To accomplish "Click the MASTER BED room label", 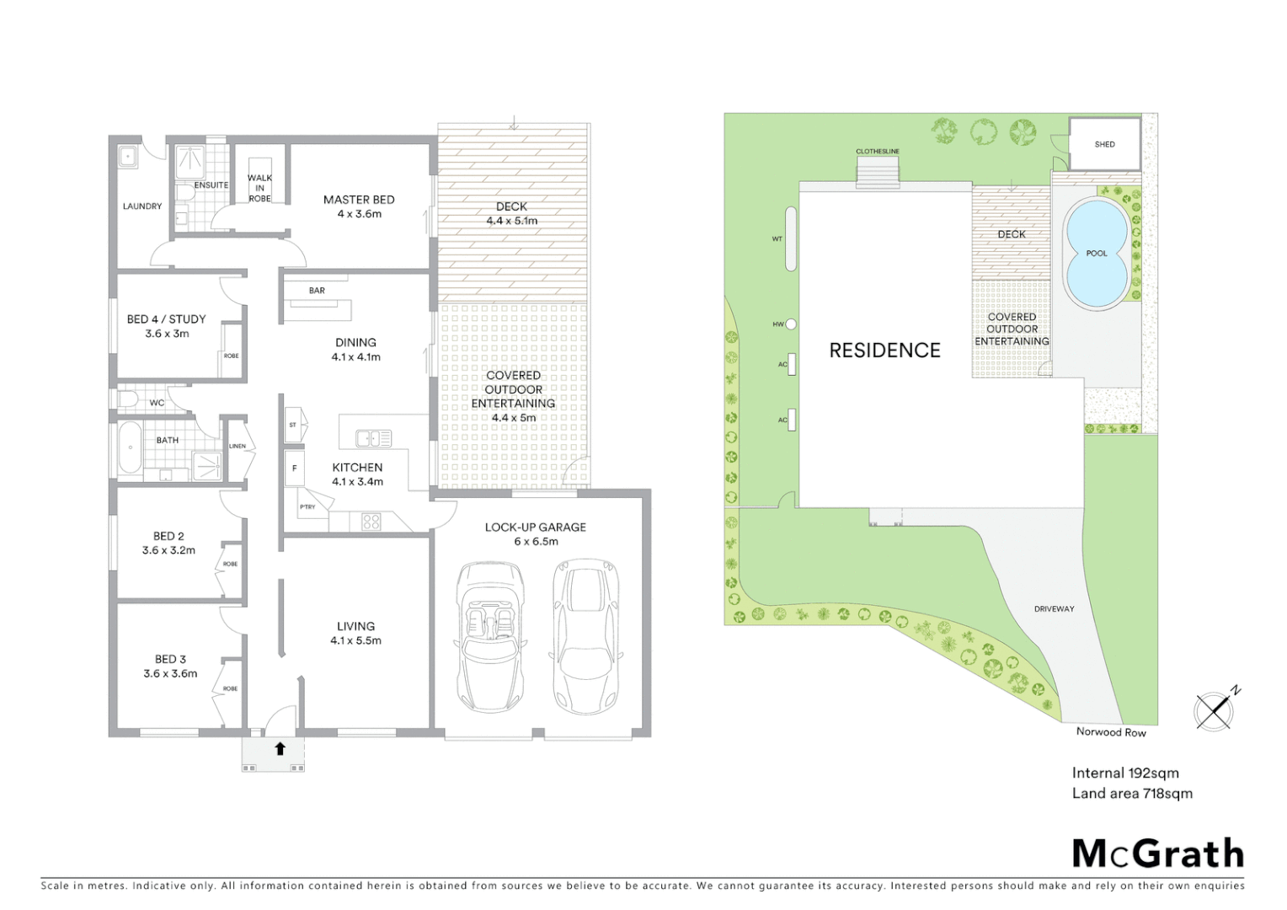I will click(359, 201).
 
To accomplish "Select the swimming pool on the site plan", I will click(1096, 253).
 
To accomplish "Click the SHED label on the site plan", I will click(1104, 144).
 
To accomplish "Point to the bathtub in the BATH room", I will click(130, 447).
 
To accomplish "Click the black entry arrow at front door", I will click(280, 748).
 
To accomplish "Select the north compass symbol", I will click(1215, 709).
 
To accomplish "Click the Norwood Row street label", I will click(1110, 732).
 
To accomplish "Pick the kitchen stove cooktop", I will click(371, 522).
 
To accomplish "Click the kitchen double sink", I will click(373, 438).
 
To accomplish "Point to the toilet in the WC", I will click(127, 398).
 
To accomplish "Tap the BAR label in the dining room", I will click(317, 291).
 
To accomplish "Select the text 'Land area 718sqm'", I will click(1131, 793).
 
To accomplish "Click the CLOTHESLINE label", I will click(877, 152).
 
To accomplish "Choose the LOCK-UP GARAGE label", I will click(535, 527).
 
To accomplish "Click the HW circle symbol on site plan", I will click(790, 324).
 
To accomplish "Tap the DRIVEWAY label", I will click(1054, 608).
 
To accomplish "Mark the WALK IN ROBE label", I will click(259, 188).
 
